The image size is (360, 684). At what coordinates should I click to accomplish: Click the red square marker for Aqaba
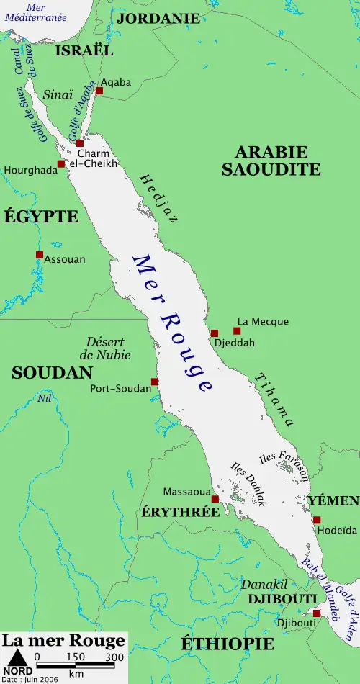(99, 91)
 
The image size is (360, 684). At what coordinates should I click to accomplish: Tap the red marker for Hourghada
(61, 164)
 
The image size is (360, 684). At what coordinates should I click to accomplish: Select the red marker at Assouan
(40, 255)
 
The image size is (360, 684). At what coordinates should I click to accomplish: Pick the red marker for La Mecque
(237, 331)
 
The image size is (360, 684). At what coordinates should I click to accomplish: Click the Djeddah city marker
(214, 333)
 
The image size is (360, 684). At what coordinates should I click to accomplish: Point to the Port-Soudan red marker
(154, 382)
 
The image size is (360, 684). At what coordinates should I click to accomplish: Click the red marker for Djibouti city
(317, 613)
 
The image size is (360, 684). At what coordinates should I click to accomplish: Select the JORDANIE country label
(158, 18)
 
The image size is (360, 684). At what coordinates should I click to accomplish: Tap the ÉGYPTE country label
(41, 216)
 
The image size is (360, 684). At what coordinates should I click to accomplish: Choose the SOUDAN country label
(52, 372)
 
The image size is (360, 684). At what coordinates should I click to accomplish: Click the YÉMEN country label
(333, 500)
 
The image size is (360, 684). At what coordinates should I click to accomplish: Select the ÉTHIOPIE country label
(228, 643)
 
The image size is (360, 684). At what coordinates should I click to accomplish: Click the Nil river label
(45, 398)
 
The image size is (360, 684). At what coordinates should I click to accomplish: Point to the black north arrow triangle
(18, 657)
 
